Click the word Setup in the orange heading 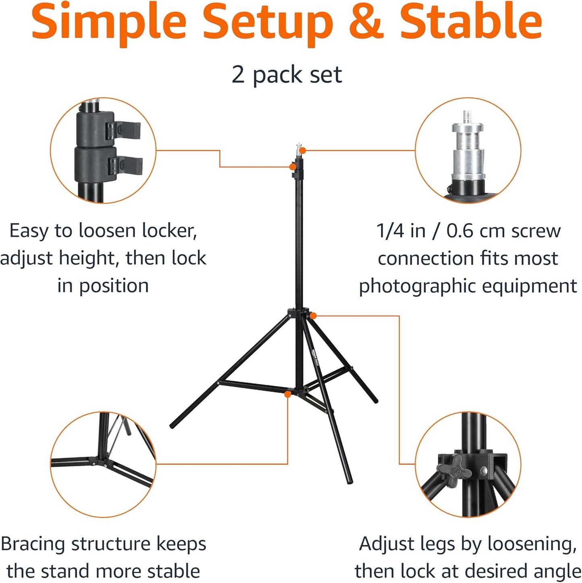[268, 24]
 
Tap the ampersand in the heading [367, 21]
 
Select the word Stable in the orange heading [470, 21]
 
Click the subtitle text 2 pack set [287, 75]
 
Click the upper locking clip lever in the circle [124, 131]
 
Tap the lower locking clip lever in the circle [125, 166]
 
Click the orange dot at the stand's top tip [303, 150]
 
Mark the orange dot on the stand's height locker [293, 167]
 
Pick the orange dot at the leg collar [313, 316]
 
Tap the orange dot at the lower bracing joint [288, 394]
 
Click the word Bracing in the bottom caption [33, 544]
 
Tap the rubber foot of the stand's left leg [173, 426]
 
